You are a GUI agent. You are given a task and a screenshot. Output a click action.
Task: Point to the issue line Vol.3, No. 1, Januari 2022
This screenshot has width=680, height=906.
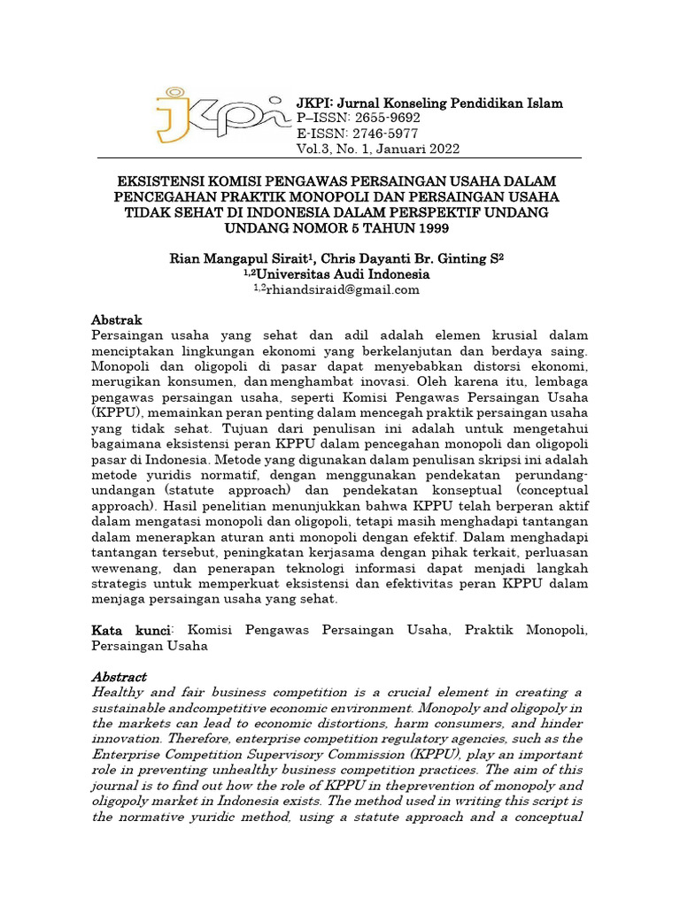click(x=377, y=149)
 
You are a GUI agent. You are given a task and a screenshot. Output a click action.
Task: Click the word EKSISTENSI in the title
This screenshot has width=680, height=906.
click(x=167, y=180)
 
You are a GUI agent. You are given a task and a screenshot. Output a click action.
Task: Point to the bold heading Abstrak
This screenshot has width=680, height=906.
click(x=117, y=319)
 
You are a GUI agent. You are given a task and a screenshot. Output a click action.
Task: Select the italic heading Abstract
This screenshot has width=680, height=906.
click(x=119, y=676)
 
